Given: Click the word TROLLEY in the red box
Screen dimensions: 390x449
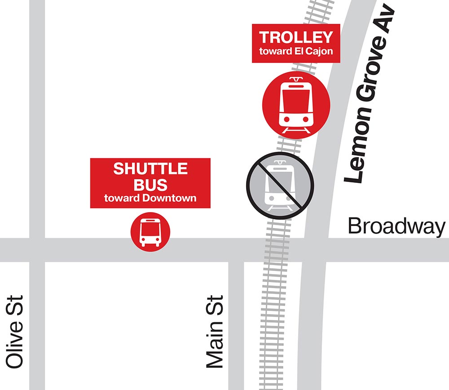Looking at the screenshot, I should click(296, 37).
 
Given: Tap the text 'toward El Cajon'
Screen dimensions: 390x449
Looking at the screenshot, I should click(296, 51).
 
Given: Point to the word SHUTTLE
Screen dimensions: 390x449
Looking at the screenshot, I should click(150, 169).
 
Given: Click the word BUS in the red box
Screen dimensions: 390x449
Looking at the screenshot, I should click(150, 184).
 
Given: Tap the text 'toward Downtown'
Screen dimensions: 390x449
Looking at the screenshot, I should click(150, 198).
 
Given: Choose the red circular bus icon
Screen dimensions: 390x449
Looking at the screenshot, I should click(150, 232).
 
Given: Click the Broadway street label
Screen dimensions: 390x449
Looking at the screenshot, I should click(396, 226).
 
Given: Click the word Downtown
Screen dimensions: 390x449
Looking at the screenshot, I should click(168, 198).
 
